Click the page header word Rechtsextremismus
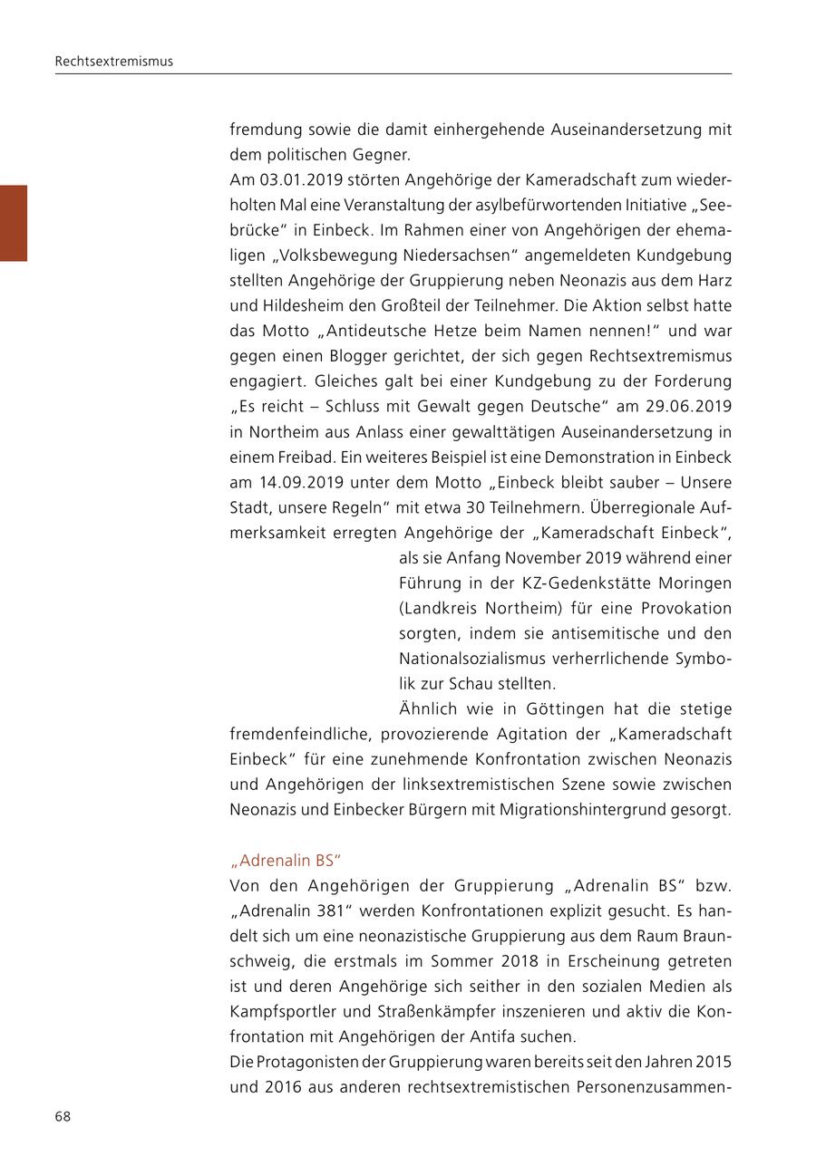[x=113, y=62]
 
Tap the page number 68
[x=63, y=1116]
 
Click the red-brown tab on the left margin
[x=14, y=223]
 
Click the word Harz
[x=714, y=280]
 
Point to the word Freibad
[x=305, y=457]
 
